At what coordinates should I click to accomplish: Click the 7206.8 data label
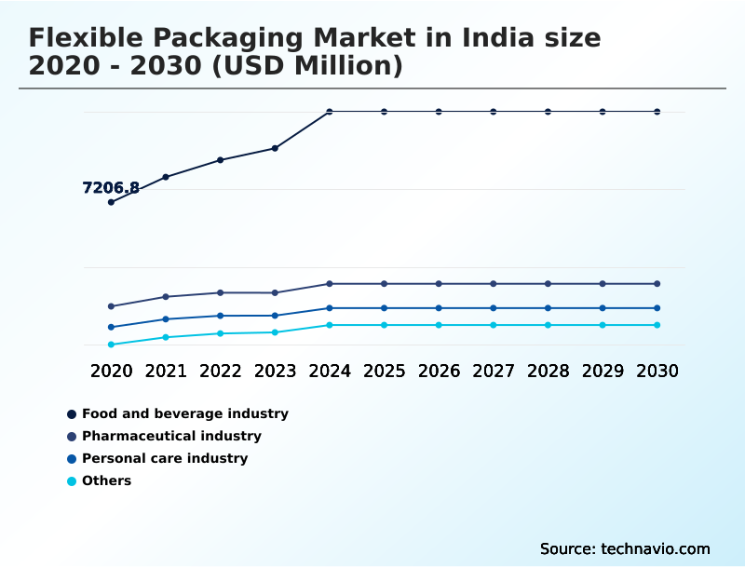coord(111,188)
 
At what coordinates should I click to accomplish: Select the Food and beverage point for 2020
coord(111,202)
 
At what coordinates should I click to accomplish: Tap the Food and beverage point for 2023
coord(275,148)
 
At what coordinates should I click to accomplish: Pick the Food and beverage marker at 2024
coord(330,112)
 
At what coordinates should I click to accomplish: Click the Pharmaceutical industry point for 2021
coord(166,297)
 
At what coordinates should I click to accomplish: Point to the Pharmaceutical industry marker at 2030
coord(657,283)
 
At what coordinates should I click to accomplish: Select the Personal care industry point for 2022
coord(221,316)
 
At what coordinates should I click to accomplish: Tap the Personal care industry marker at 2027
coord(494,308)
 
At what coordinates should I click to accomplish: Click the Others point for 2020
coord(111,345)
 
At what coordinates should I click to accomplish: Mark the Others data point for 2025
coord(384,325)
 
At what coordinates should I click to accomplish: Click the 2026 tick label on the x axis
coord(439,371)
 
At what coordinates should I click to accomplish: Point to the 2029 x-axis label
coord(603,371)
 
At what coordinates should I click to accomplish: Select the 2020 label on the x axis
coord(111,371)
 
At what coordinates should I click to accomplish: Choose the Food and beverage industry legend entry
coord(184,413)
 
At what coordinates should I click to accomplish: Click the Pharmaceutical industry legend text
coord(171,436)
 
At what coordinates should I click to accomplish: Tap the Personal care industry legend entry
coord(165,458)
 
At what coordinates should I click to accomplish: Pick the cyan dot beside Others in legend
coord(72,481)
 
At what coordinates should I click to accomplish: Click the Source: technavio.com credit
coord(625,548)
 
